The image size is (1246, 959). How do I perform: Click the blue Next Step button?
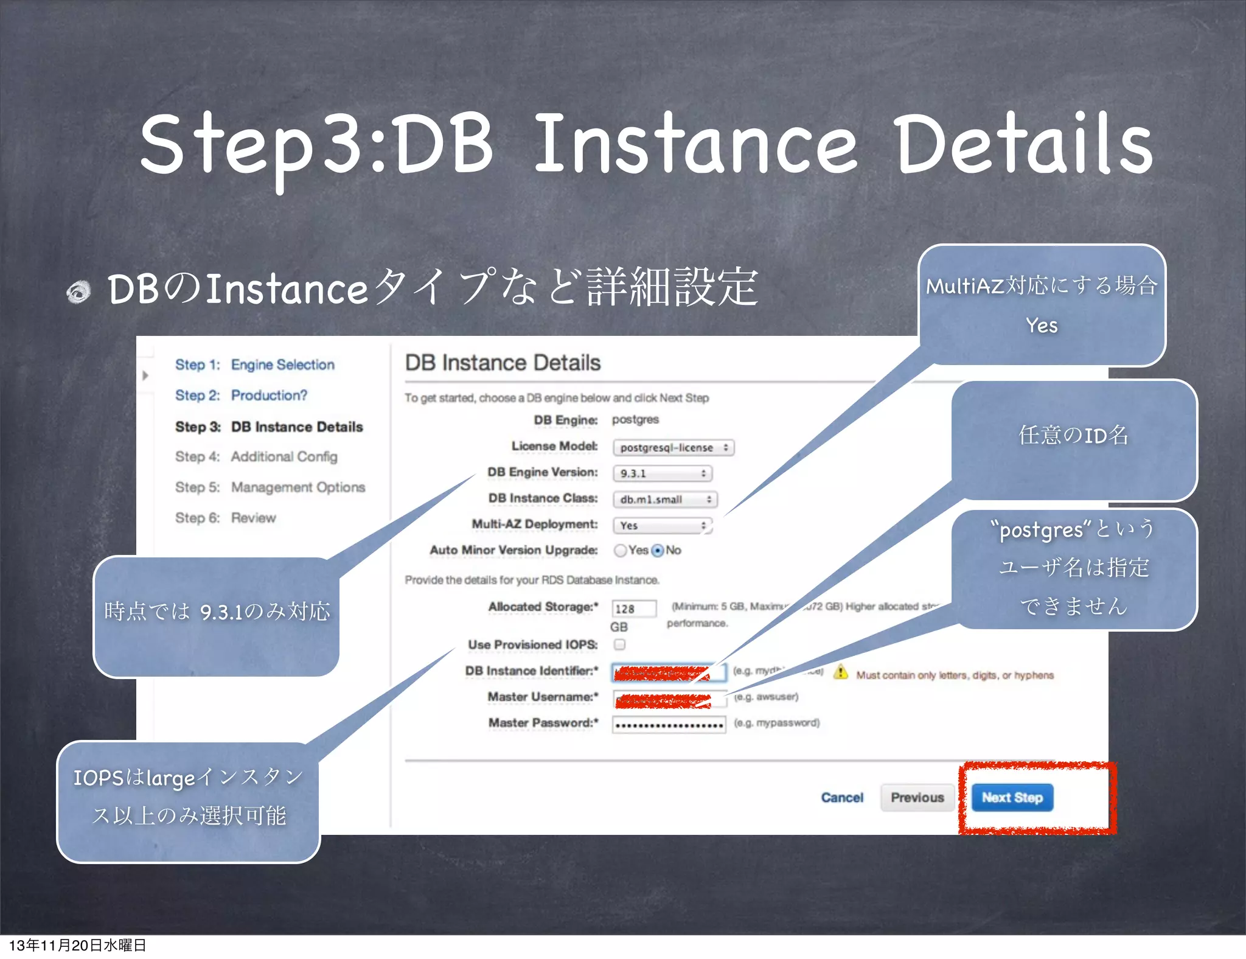1012,797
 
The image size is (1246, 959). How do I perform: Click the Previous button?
917,797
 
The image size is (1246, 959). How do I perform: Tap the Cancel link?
841,797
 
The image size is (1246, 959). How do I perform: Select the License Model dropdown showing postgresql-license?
673,447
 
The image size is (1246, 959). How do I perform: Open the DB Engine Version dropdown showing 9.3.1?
662,473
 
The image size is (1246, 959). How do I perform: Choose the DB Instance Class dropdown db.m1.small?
664,499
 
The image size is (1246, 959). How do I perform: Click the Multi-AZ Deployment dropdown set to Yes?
662,525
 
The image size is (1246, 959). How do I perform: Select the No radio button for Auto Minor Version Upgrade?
658,550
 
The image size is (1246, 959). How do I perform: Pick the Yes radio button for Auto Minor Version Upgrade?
620,550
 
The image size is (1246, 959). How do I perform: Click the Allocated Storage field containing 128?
633,609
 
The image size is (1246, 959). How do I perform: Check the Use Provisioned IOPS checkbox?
619,644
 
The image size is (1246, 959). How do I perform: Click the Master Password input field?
668,724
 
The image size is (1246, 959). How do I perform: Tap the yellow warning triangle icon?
840,672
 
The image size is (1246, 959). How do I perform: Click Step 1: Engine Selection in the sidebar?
255,364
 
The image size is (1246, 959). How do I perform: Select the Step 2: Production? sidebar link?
241,395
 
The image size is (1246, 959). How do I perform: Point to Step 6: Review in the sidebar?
225,518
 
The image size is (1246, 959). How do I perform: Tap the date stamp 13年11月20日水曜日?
77,945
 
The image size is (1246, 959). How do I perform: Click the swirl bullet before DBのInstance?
78,291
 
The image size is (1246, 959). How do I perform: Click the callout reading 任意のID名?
1073,436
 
